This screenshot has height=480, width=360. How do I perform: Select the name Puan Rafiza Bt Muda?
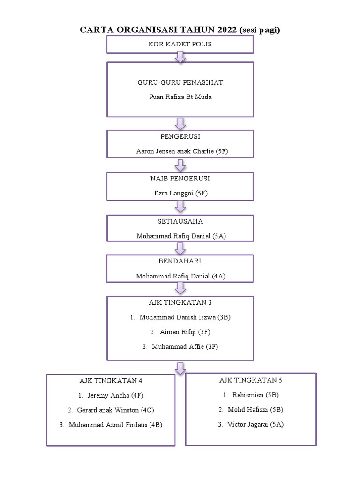coord(180,97)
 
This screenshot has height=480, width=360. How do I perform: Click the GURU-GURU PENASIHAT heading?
coord(180,82)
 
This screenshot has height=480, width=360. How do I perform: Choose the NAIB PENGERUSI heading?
coord(180,179)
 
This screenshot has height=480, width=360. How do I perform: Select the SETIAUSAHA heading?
coord(180,221)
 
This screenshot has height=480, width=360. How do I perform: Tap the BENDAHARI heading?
coord(180,262)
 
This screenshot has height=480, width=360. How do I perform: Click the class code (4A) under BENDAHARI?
coord(219,276)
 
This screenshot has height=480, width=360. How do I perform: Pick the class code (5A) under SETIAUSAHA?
coord(219,236)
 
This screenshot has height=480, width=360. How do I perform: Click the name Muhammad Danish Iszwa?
coord(177,317)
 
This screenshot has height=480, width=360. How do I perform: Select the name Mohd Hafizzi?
coord(248,409)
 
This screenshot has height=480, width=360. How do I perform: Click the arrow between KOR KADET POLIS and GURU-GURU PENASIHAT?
coord(180,57)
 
